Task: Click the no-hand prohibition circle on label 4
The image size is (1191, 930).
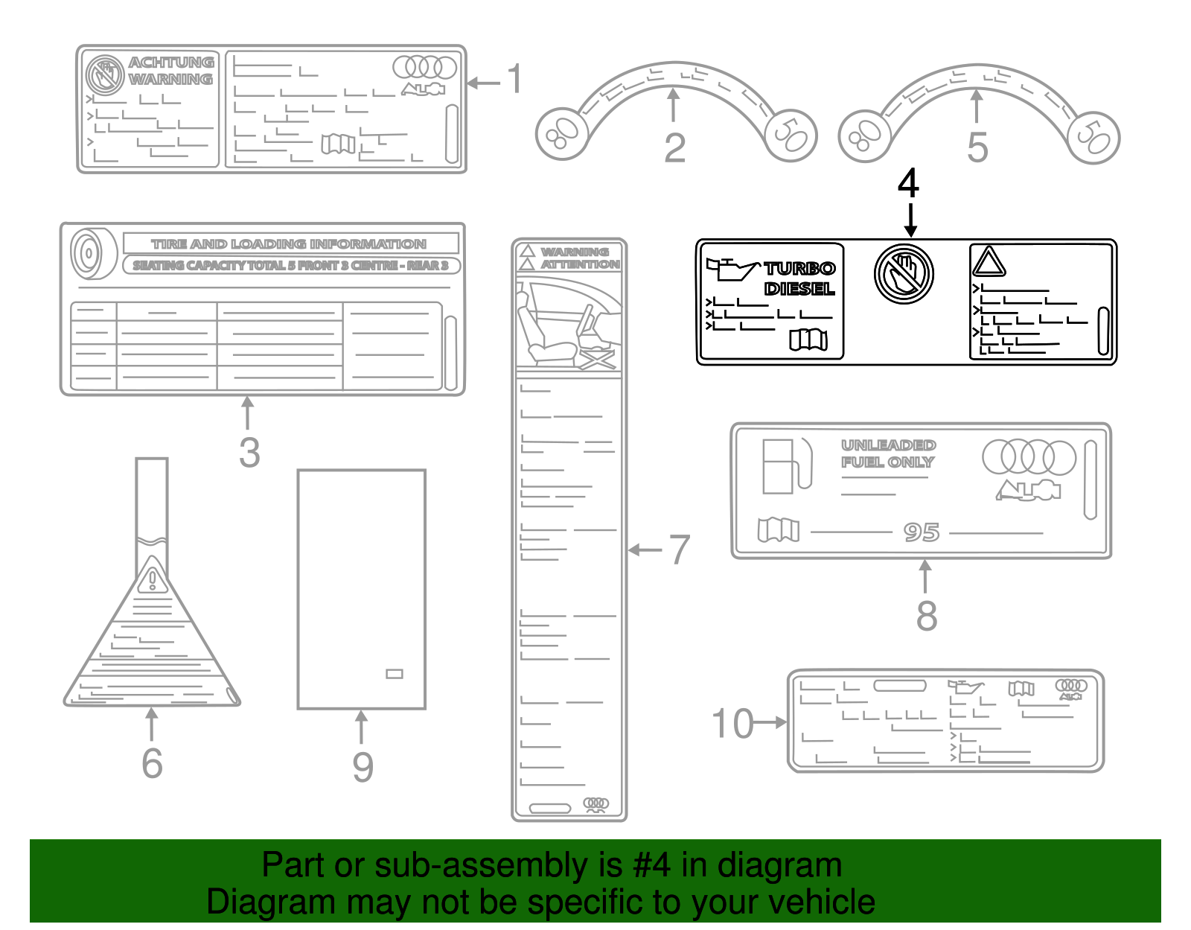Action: click(x=904, y=273)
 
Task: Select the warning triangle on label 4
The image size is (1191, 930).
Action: click(x=989, y=263)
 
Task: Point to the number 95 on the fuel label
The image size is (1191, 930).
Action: click(x=922, y=532)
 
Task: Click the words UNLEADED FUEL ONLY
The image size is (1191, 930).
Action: click(x=888, y=453)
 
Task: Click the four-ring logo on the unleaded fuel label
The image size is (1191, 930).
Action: click(x=1029, y=457)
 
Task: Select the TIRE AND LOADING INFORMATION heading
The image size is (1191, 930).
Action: click(x=289, y=244)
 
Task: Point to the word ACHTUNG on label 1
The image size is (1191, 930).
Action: click(x=171, y=63)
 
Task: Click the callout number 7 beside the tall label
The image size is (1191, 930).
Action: click(x=679, y=550)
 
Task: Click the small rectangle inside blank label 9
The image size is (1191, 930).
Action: click(x=395, y=674)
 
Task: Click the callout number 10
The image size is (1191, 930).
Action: click(x=732, y=724)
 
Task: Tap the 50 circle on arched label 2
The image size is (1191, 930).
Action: click(x=791, y=135)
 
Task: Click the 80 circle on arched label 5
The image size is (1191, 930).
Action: click(x=864, y=136)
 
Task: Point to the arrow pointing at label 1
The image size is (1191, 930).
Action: click(x=484, y=83)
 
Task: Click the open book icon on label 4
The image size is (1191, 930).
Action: click(x=808, y=340)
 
